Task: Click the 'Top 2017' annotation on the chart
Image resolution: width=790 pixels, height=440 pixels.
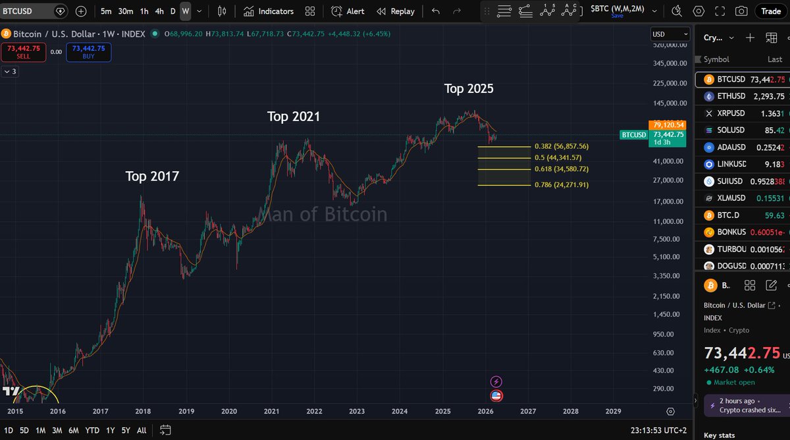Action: (152, 177)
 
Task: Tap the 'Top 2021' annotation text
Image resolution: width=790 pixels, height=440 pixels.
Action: (294, 117)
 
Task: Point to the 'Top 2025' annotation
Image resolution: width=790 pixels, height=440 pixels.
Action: (468, 88)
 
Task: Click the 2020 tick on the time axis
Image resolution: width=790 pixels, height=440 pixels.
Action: (229, 411)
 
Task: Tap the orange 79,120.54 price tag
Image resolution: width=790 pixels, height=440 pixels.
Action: (668, 124)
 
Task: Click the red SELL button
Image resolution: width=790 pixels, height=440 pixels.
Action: (23, 52)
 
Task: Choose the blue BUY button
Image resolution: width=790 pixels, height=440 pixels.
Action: (88, 52)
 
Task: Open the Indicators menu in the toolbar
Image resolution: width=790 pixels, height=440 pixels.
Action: (269, 11)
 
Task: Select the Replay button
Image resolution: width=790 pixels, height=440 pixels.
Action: (396, 11)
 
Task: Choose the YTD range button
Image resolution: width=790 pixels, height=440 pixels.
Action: (92, 430)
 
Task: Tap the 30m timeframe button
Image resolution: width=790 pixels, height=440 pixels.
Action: (126, 11)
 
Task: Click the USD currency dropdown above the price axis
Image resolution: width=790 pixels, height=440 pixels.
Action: (670, 34)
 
